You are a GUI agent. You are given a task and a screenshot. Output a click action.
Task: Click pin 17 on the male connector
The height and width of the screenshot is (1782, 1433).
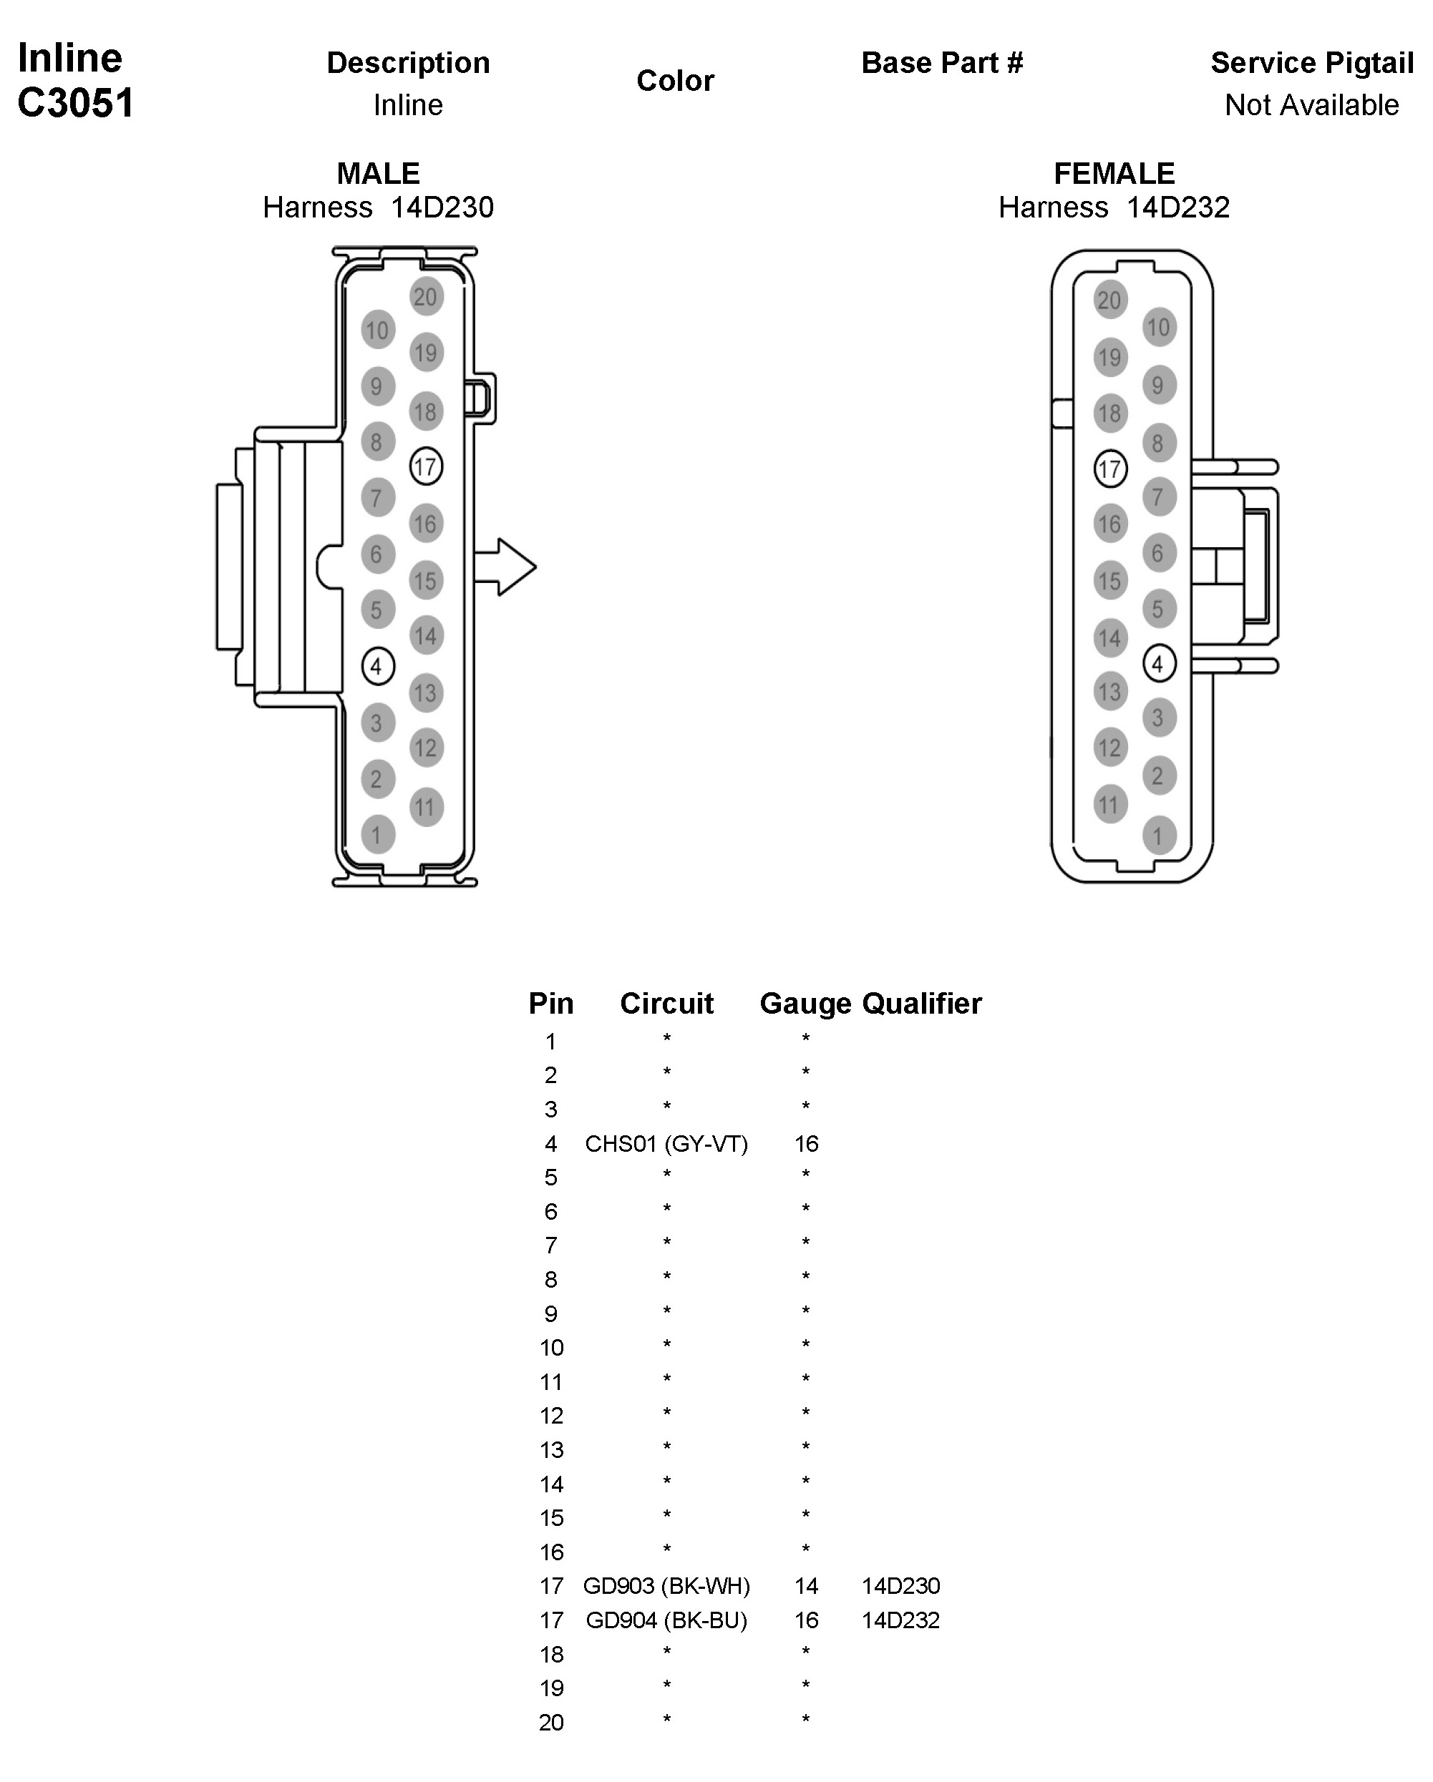(x=426, y=467)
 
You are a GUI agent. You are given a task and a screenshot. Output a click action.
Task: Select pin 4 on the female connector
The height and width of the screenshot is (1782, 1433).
(x=1157, y=664)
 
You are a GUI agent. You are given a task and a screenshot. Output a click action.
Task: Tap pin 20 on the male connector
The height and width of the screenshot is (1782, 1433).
(x=426, y=297)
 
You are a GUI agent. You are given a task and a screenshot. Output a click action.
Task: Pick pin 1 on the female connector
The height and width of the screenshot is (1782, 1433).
(x=1157, y=836)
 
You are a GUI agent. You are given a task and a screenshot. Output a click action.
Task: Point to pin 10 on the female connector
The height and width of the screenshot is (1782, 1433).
(x=1157, y=328)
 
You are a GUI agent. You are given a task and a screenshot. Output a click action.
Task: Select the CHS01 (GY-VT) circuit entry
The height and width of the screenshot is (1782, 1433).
(x=666, y=1144)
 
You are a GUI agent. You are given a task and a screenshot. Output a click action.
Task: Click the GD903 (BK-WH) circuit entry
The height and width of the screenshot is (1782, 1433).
(x=666, y=1586)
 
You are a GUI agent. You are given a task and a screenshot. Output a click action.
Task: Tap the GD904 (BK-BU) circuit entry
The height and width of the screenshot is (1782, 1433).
(x=666, y=1620)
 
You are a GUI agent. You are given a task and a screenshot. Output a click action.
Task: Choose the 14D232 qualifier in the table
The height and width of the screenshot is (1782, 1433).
(x=900, y=1620)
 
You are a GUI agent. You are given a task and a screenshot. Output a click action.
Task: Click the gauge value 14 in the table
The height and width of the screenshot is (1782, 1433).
(x=806, y=1586)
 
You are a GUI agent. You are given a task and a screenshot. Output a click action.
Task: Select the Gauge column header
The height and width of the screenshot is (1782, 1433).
(x=805, y=1004)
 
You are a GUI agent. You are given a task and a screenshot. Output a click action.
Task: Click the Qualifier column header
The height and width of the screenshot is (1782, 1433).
(x=922, y=1004)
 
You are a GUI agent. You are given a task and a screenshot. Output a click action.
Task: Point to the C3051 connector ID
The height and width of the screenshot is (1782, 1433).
(x=75, y=103)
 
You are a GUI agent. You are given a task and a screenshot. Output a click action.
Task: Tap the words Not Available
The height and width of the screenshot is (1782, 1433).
(x=1311, y=105)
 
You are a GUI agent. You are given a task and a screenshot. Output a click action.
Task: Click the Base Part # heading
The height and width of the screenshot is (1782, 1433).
(x=942, y=63)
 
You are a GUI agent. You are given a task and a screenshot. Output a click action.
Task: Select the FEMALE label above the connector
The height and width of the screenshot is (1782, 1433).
(x=1114, y=174)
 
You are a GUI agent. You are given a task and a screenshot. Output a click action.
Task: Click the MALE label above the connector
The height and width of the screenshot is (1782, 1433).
(x=378, y=174)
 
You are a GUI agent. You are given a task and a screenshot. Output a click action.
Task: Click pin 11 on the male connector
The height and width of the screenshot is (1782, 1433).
(x=426, y=807)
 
